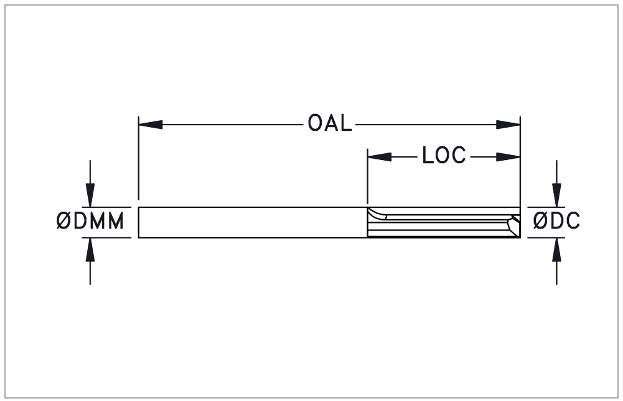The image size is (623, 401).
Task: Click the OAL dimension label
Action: [330, 123]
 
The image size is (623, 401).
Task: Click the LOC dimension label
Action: [444, 156]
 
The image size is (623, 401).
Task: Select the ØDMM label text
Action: [90, 221]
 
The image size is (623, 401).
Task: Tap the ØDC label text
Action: [556, 221]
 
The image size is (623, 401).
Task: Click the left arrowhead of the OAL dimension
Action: [150, 125]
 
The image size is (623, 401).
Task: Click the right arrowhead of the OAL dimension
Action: [508, 125]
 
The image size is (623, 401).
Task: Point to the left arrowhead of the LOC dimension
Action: [380, 157]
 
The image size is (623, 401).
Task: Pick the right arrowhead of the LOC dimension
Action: [508, 157]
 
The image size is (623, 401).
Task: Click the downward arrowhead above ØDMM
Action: [90, 195]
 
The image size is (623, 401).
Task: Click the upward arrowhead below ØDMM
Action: [90, 250]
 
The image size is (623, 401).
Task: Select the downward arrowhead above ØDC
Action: [556, 195]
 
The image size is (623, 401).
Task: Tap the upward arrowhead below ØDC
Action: [556, 250]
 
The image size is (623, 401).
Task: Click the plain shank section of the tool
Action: [253, 222]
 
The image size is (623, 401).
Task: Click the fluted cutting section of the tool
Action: [444, 222]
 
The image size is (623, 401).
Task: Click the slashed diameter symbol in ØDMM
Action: [63, 221]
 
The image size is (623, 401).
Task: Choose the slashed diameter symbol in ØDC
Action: [540, 221]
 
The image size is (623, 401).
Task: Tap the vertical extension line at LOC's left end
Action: [368, 177]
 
